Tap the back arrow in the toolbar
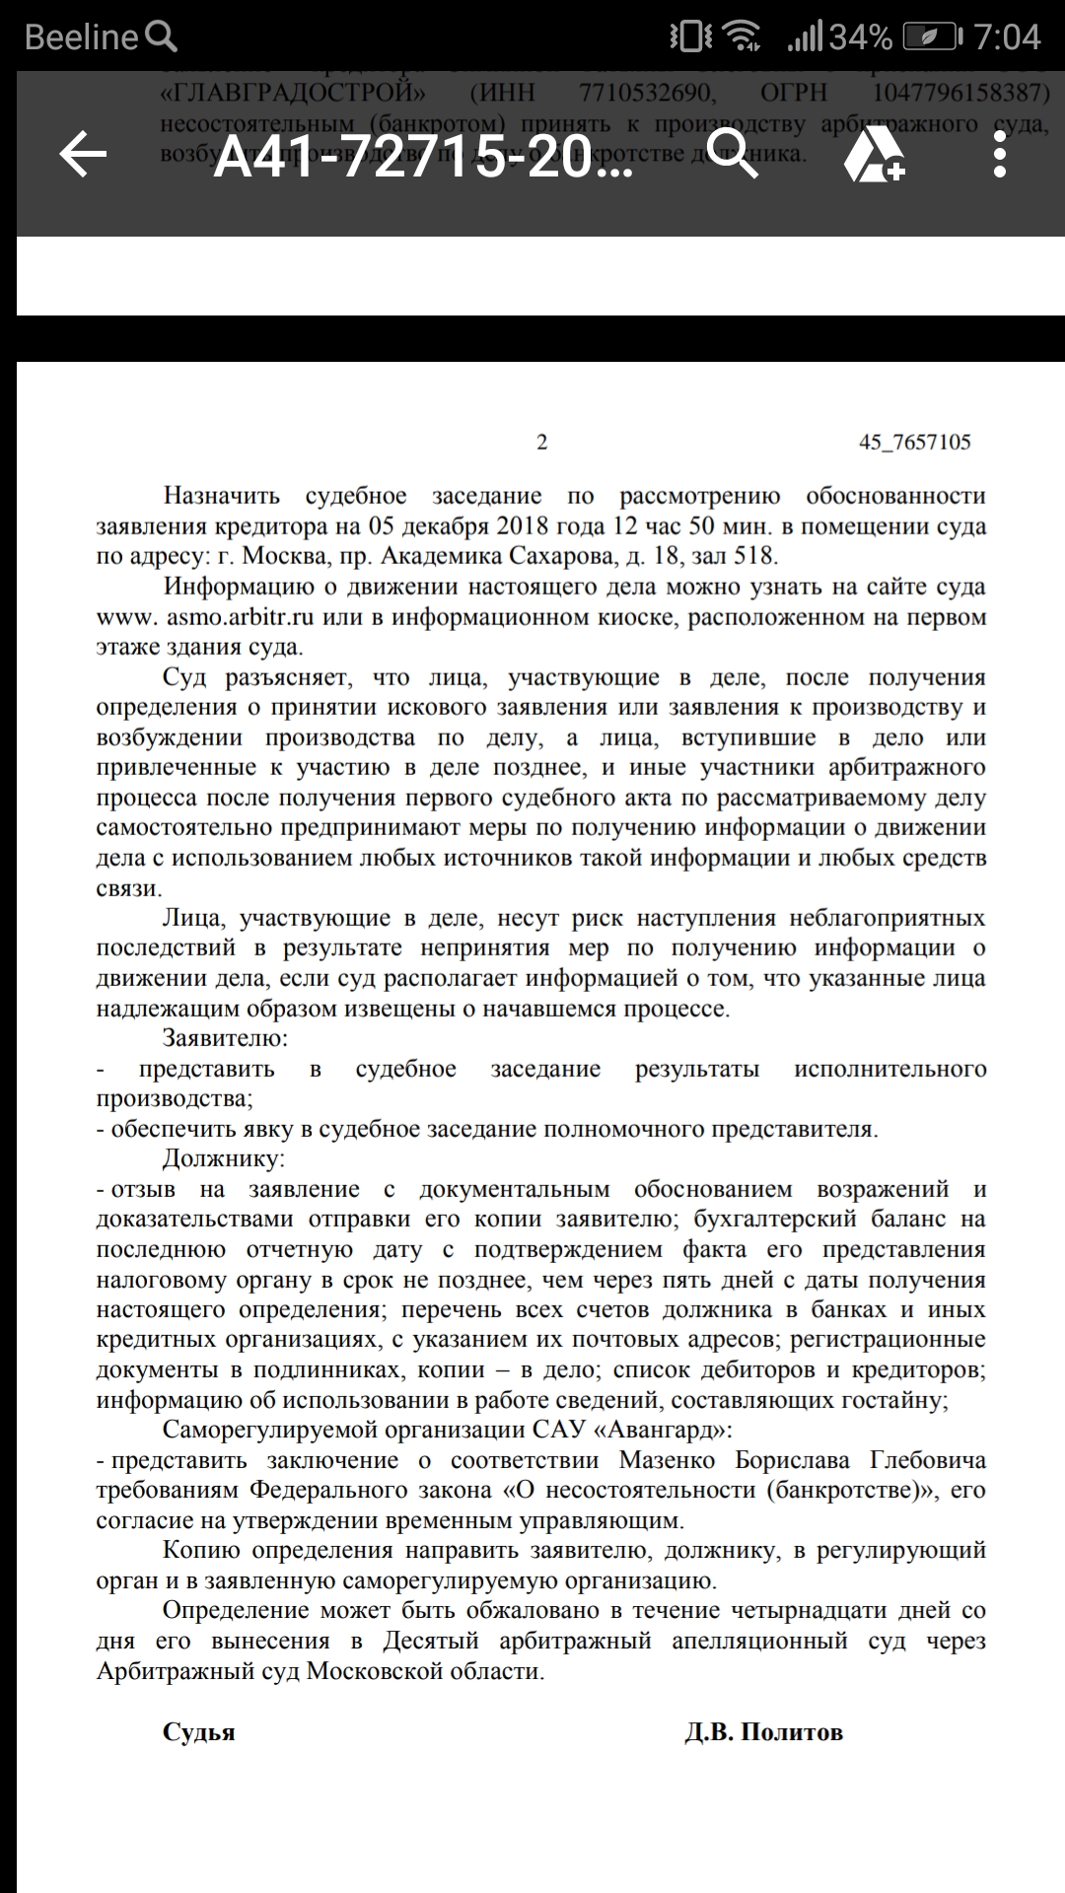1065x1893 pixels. click(x=83, y=156)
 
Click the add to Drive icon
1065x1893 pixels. click(x=874, y=156)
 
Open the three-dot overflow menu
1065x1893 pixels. click(x=999, y=156)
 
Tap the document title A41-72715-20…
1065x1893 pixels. click(x=423, y=156)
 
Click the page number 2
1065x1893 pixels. click(x=541, y=442)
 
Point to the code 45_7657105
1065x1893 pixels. click(x=914, y=442)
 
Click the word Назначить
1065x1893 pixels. click(x=222, y=496)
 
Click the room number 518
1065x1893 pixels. click(x=754, y=556)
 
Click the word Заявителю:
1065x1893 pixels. click(x=225, y=1038)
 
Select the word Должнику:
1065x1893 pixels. click(x=223, y=1158)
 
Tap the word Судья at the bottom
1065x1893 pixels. click(x=198, y=1732)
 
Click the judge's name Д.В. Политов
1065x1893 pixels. click(x=763, y=1732)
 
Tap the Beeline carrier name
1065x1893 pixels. click(x=81, y=37)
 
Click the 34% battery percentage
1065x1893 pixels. click(x=861, y=37)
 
